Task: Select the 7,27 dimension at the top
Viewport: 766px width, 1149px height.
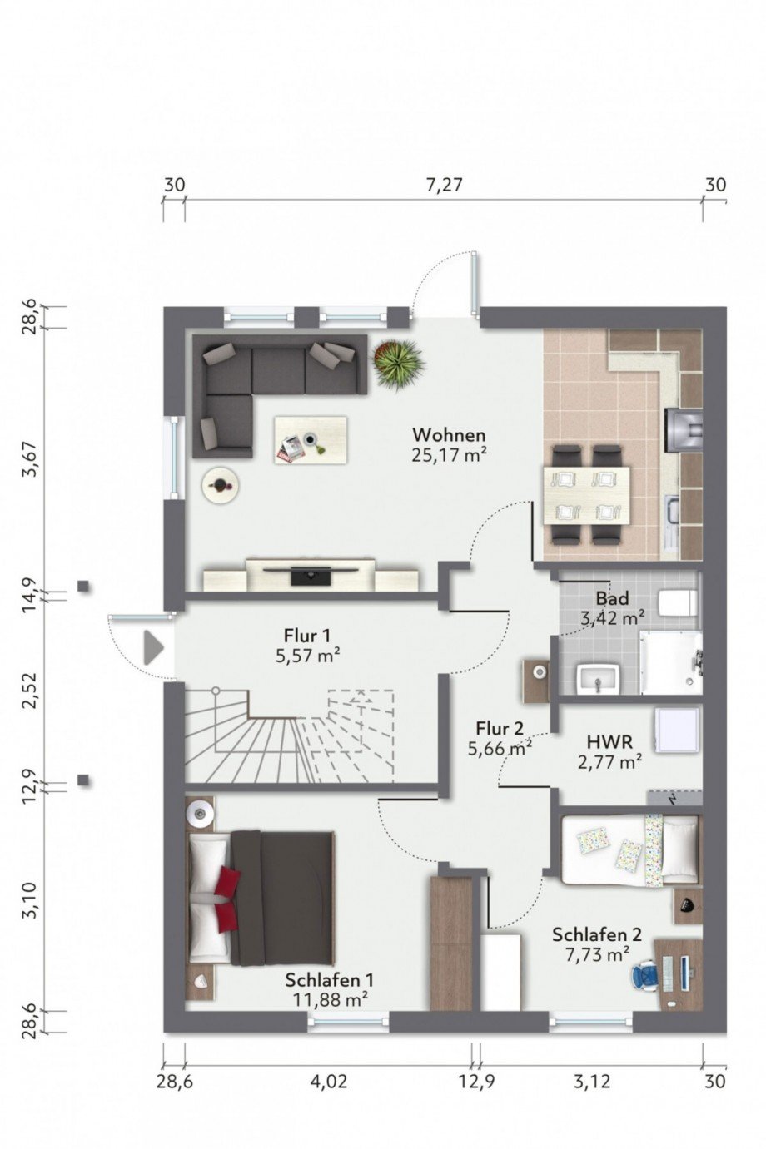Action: point(444,185)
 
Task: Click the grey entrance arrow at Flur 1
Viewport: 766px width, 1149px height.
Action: point(152,648)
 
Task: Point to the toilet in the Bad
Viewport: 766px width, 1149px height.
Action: point(678,602)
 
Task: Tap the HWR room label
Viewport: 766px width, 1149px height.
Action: point(609,741)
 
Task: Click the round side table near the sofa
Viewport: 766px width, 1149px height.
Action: point(221,485)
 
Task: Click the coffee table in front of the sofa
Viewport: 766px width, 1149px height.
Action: point(310,439)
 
